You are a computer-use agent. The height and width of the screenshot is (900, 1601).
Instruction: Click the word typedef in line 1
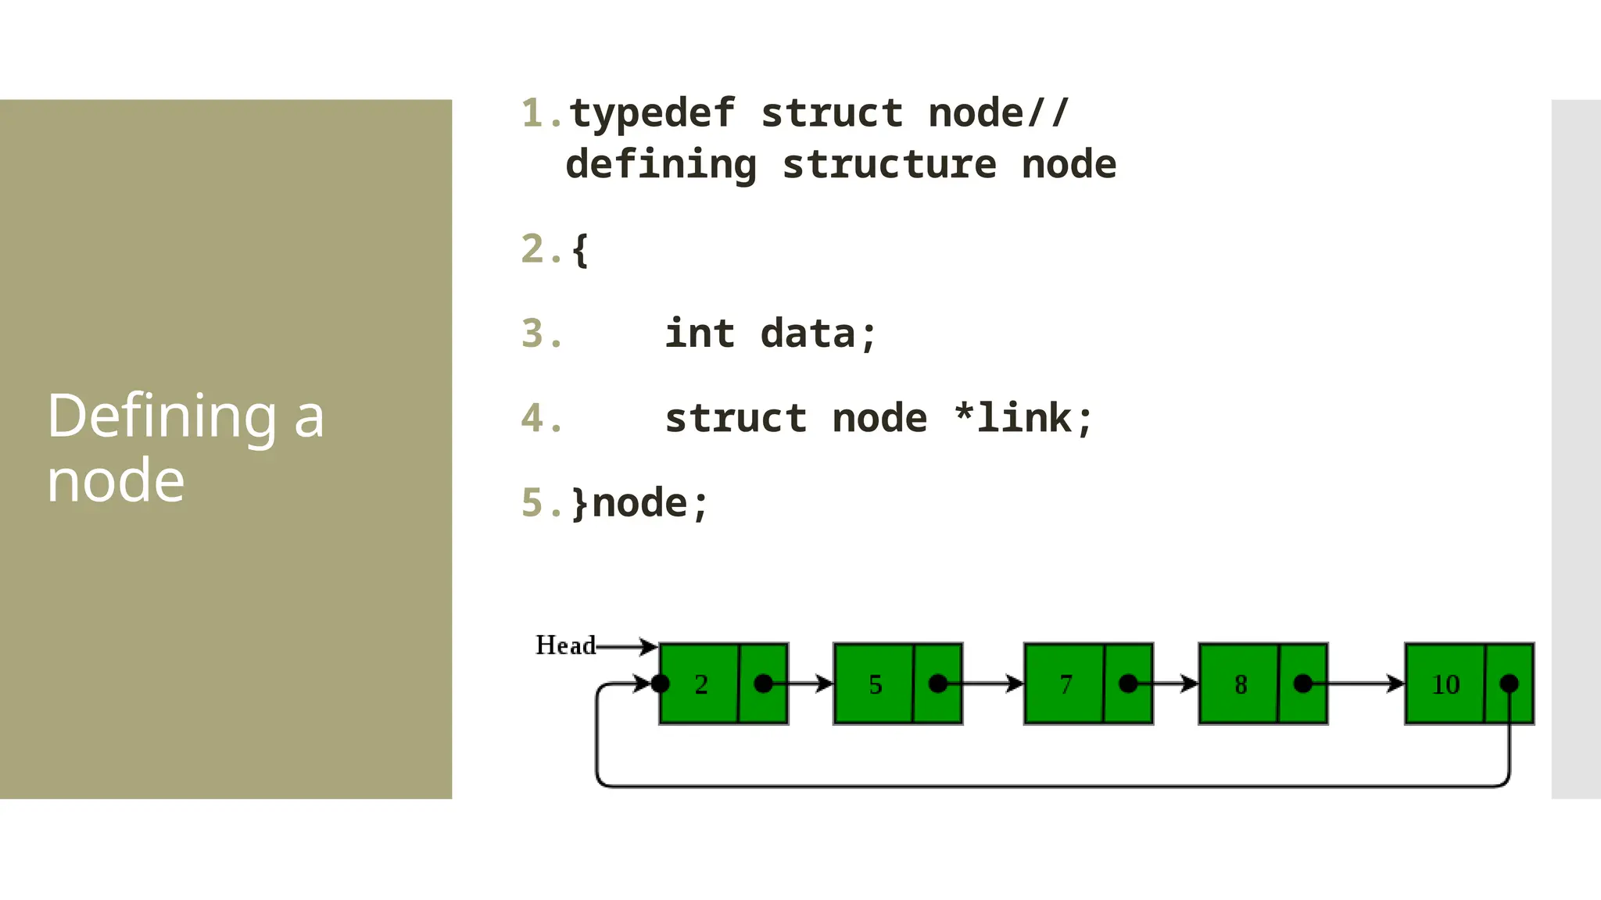652,114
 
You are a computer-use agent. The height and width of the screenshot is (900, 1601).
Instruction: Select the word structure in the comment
890,165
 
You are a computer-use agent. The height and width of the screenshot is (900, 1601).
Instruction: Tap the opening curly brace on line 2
579,250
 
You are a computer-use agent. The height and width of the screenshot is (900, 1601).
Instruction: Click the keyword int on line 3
700,334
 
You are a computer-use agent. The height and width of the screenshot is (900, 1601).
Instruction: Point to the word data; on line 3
818,334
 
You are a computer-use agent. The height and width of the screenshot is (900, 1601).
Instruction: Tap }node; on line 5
639,502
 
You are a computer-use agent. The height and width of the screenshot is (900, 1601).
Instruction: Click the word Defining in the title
162,416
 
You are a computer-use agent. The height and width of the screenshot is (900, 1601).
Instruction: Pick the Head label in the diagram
564,645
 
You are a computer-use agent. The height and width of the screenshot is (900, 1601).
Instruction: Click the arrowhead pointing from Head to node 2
648,646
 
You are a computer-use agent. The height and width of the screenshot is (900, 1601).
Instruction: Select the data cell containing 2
700,684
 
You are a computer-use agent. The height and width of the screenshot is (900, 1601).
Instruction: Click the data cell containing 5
874,684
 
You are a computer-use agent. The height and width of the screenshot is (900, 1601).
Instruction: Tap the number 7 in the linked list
1066,684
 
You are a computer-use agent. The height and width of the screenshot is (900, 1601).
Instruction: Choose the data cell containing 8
1240,684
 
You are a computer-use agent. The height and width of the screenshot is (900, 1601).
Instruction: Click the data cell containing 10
1445,684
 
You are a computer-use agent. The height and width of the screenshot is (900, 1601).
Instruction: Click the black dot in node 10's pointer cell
1510,684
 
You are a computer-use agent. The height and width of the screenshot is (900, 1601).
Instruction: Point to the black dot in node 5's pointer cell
938,684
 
